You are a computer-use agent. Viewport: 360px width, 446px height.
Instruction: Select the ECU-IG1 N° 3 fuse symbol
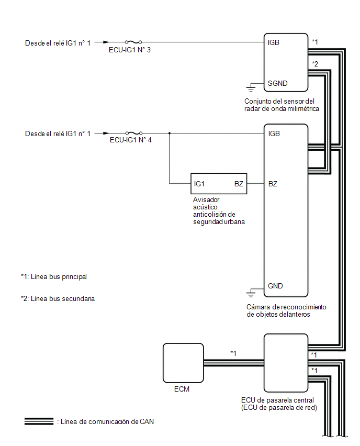(x=133, y=42)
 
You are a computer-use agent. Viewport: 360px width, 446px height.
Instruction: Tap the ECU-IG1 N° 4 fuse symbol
(x=134, y=133)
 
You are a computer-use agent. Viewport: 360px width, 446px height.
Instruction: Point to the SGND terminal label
(x=277, y=83)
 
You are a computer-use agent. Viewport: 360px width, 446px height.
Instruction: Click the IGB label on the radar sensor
(x=274, y=43)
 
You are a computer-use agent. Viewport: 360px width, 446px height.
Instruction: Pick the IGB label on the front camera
(x=274, y=133)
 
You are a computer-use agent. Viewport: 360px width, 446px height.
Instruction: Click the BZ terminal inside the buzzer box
(x=239, y=184)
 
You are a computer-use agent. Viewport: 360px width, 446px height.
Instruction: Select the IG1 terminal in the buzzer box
(x=199, y=184)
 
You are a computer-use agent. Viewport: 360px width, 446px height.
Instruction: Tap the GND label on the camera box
(x=275, y=286)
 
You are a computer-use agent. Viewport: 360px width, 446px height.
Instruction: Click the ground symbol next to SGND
(x=251, y=88)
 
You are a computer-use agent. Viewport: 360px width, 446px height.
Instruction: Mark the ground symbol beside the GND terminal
(x=251, y=293)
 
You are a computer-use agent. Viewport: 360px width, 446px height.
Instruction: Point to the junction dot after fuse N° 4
(x=170, y=133)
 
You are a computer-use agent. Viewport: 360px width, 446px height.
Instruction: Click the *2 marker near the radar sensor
(x=315, y=64)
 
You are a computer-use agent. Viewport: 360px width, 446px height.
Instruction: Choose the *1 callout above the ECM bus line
(x=233, y=353)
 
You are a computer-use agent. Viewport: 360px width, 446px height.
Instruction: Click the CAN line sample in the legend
(x=39, y=421)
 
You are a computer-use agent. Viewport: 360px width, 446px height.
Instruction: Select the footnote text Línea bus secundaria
(x=63, y=299)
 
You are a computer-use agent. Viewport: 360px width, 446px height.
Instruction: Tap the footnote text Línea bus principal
(x=59, y=276)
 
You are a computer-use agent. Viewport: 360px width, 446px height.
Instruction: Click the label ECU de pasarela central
(x=277, y=400)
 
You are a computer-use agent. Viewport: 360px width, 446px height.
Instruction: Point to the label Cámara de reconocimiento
(x=286, y=307)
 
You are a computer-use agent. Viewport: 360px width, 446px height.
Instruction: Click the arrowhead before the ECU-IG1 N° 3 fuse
(x=106, y=42)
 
